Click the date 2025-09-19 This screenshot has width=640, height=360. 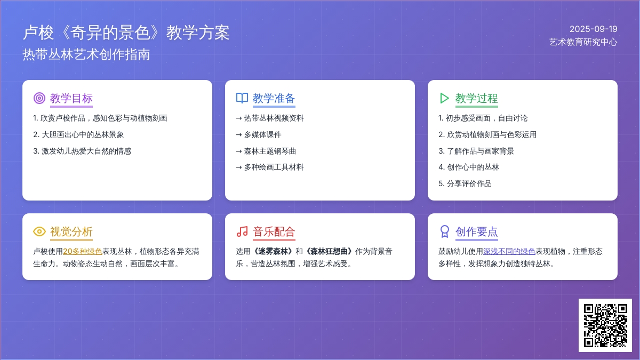coord(594,29)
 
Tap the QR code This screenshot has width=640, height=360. coord(605,325)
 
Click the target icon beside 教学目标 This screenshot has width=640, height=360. coord(39,98)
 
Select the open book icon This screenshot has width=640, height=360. coord(242,98)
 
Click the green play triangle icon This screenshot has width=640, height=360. coord(444,98)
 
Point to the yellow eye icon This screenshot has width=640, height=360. coord(39,231)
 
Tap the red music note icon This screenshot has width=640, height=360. coord(242,231)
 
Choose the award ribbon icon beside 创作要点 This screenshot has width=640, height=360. coord(445,231)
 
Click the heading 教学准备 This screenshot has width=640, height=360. coord(274,98)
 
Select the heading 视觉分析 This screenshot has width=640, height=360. coord(71,231)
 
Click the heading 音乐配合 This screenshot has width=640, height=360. coord(274,231)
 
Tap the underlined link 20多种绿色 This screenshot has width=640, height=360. coord(82,251)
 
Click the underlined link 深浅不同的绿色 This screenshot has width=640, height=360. coord(509,251)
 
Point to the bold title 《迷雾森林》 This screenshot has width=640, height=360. coord(273,251)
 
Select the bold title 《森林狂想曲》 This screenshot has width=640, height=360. coord(329,251)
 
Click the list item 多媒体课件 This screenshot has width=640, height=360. coord(259,134)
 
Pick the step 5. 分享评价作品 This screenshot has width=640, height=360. coord(465,183)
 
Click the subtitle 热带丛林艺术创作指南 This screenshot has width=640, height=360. coord(86,54)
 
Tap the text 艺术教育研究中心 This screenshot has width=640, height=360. coord(583,42)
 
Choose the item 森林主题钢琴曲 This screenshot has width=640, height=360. coord(266,151)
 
